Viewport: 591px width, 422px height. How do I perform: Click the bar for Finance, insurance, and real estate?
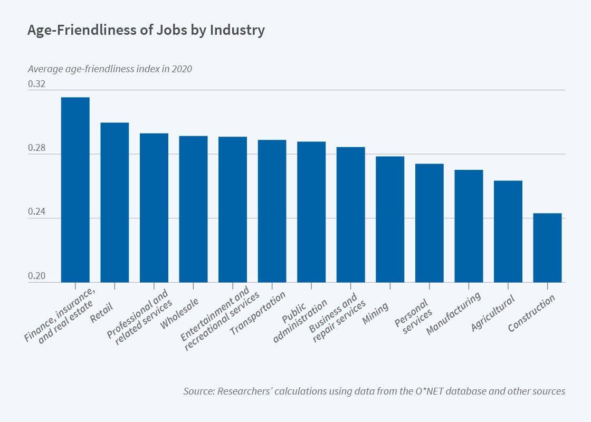[x=75, y=190]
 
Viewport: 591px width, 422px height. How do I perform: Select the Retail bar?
[x=115, y=203]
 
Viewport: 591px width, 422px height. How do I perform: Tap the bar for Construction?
[x=547, y=248]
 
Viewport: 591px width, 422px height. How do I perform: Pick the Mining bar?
[x=390, y=219]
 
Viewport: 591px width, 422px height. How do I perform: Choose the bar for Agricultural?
[x=508, y=232]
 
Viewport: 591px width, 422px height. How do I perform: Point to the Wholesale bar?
[x=193, y=209]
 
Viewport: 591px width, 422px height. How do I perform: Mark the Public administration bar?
[x=311, y=212]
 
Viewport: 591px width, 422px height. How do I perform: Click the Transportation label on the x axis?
[x=258, y=314]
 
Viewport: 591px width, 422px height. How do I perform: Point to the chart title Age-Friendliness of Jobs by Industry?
[x=146, y=31]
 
